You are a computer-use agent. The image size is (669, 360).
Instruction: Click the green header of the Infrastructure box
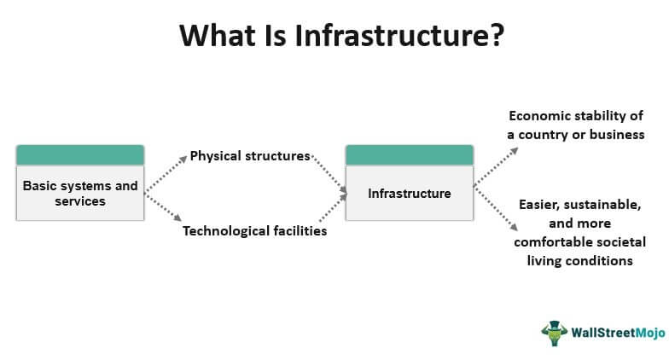point(410,155)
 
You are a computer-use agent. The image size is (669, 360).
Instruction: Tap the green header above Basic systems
point(80,155)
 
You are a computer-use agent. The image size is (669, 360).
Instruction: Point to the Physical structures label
point(250,156)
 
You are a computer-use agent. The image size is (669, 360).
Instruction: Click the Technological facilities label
point(254,230)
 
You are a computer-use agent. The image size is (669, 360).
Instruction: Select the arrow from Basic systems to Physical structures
point(166,173)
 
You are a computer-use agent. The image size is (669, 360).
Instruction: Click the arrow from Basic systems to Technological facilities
point(164,207)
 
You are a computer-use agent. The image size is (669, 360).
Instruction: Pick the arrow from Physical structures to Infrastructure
point(329,174)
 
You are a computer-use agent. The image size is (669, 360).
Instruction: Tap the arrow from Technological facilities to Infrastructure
point(333,208)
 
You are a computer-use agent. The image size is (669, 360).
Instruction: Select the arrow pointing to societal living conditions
point(497,209)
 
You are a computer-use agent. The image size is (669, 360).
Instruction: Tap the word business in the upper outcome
point(618,135)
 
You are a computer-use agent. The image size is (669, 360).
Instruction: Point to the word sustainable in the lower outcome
point(602,205)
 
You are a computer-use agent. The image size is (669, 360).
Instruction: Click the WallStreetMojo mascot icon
point(555,333)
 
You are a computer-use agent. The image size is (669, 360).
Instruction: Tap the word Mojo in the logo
point(650,333)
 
